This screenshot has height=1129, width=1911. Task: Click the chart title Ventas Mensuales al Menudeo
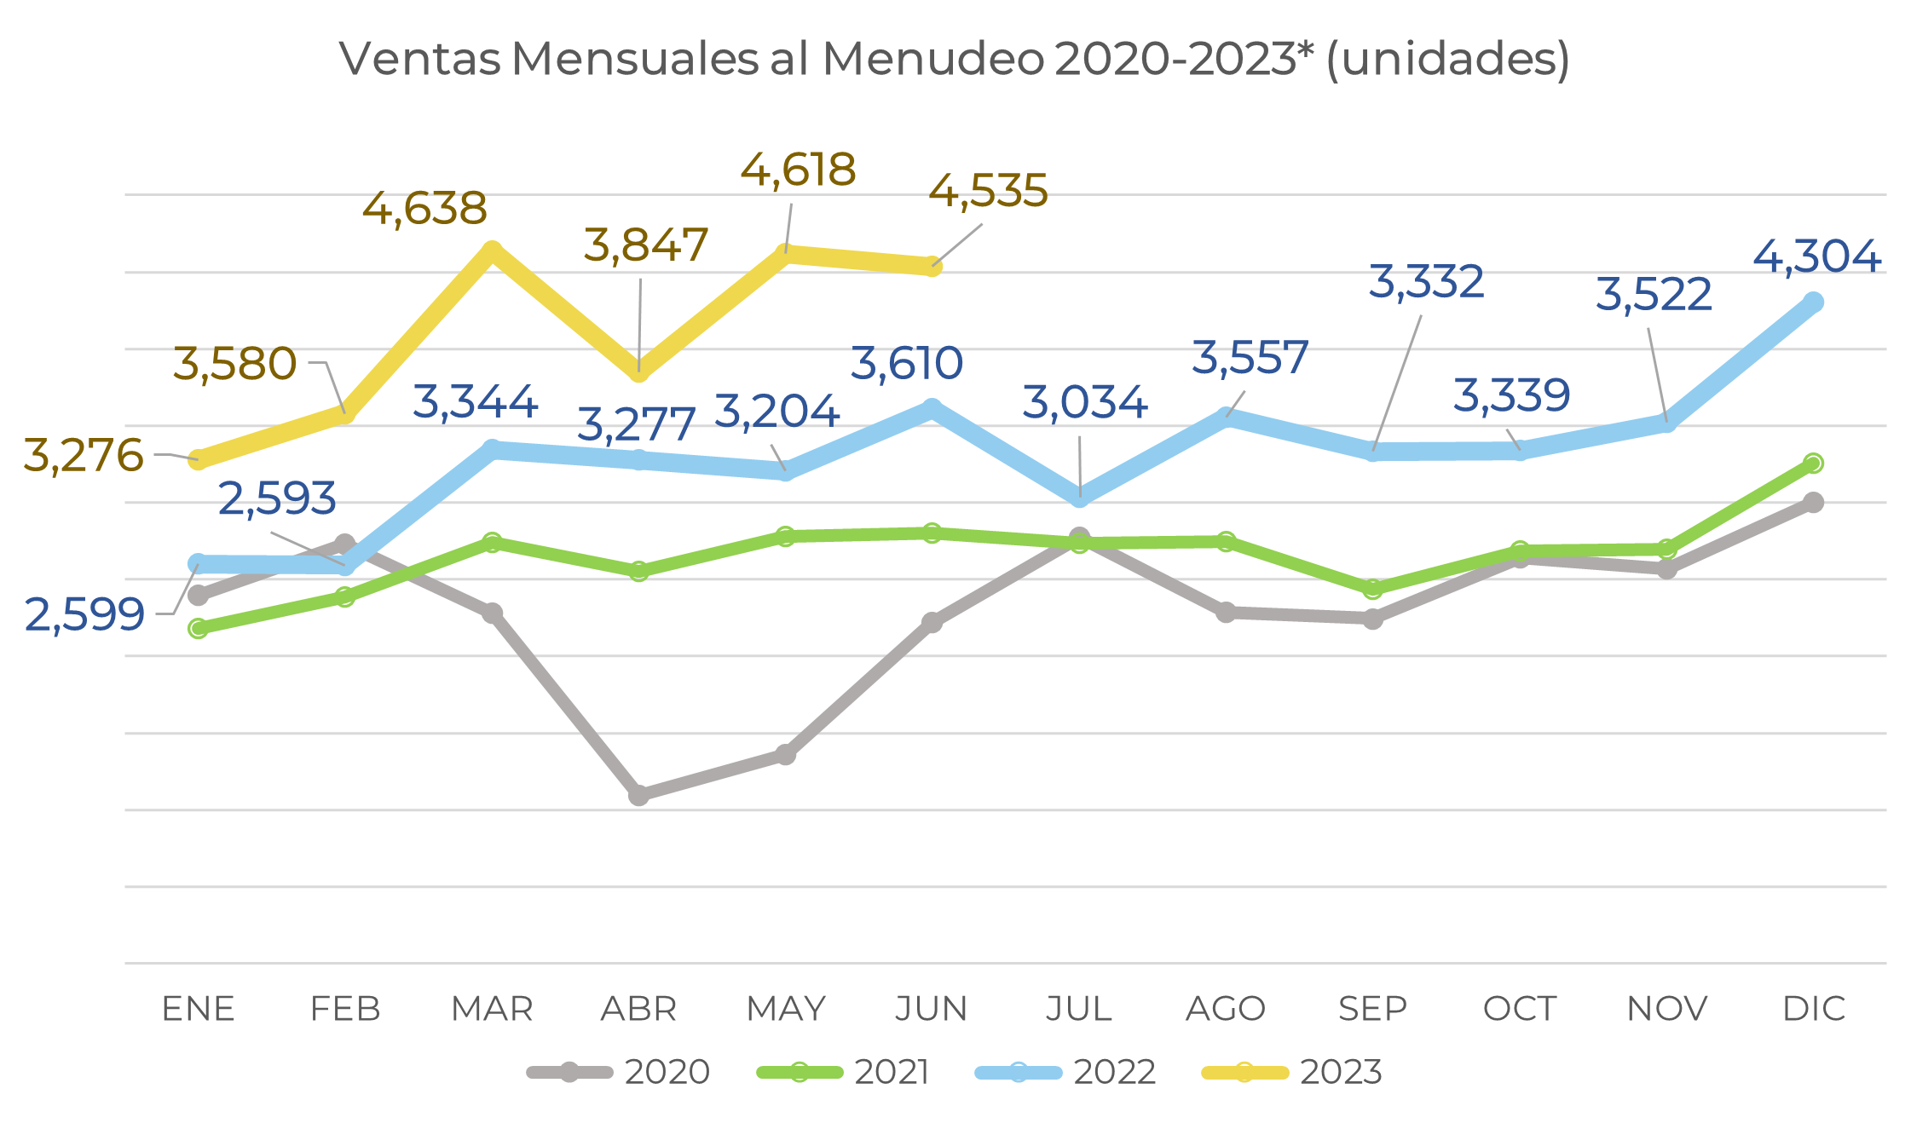point(954,60)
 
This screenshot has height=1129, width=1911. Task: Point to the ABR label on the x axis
point(638,1009)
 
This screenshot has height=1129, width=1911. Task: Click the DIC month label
point(1814,1009)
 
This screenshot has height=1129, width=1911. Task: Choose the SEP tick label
point(1372,1009)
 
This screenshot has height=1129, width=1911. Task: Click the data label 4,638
point(424,209)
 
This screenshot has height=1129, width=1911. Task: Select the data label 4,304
point(1816,256)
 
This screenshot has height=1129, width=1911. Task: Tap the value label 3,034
point(1084,402)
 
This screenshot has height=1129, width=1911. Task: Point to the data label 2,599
point(84,614)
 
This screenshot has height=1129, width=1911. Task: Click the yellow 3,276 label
point(83,455)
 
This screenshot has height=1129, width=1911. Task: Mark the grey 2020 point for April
point(638,795)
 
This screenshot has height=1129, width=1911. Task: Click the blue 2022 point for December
point(1814,302)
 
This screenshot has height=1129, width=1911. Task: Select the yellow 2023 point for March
point(492,251)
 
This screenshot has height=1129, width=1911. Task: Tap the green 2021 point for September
point(1372,589)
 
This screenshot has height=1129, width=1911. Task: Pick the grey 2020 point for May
point(786,754)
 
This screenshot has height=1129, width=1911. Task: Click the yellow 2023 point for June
point(932,267)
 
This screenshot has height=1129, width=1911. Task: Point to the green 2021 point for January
point(198,629)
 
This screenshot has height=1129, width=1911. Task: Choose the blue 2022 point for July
point(1079,497)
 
